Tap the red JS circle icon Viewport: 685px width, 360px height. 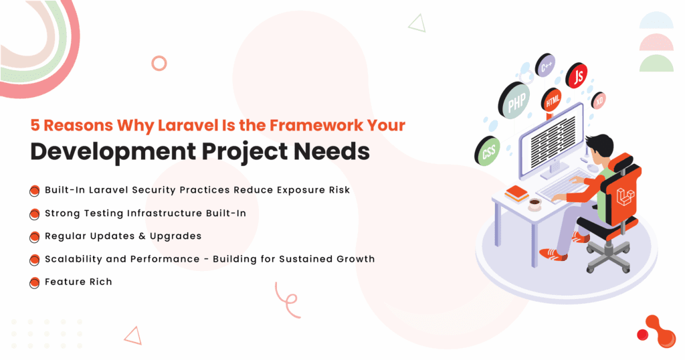coord(577,76)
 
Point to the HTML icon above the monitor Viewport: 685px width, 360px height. coord(553,102)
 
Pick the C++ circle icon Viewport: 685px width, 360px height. coord(546,66)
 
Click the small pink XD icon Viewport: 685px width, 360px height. coord(599,101)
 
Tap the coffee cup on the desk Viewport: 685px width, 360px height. coord(534,203)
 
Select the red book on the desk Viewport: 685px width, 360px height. coord(516,193)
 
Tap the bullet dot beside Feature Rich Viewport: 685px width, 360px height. coord(35,282)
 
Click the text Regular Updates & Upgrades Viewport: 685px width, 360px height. coord(122,236)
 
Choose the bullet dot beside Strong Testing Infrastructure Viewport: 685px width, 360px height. coord(35,214)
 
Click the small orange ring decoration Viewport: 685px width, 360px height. coord(159,64)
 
